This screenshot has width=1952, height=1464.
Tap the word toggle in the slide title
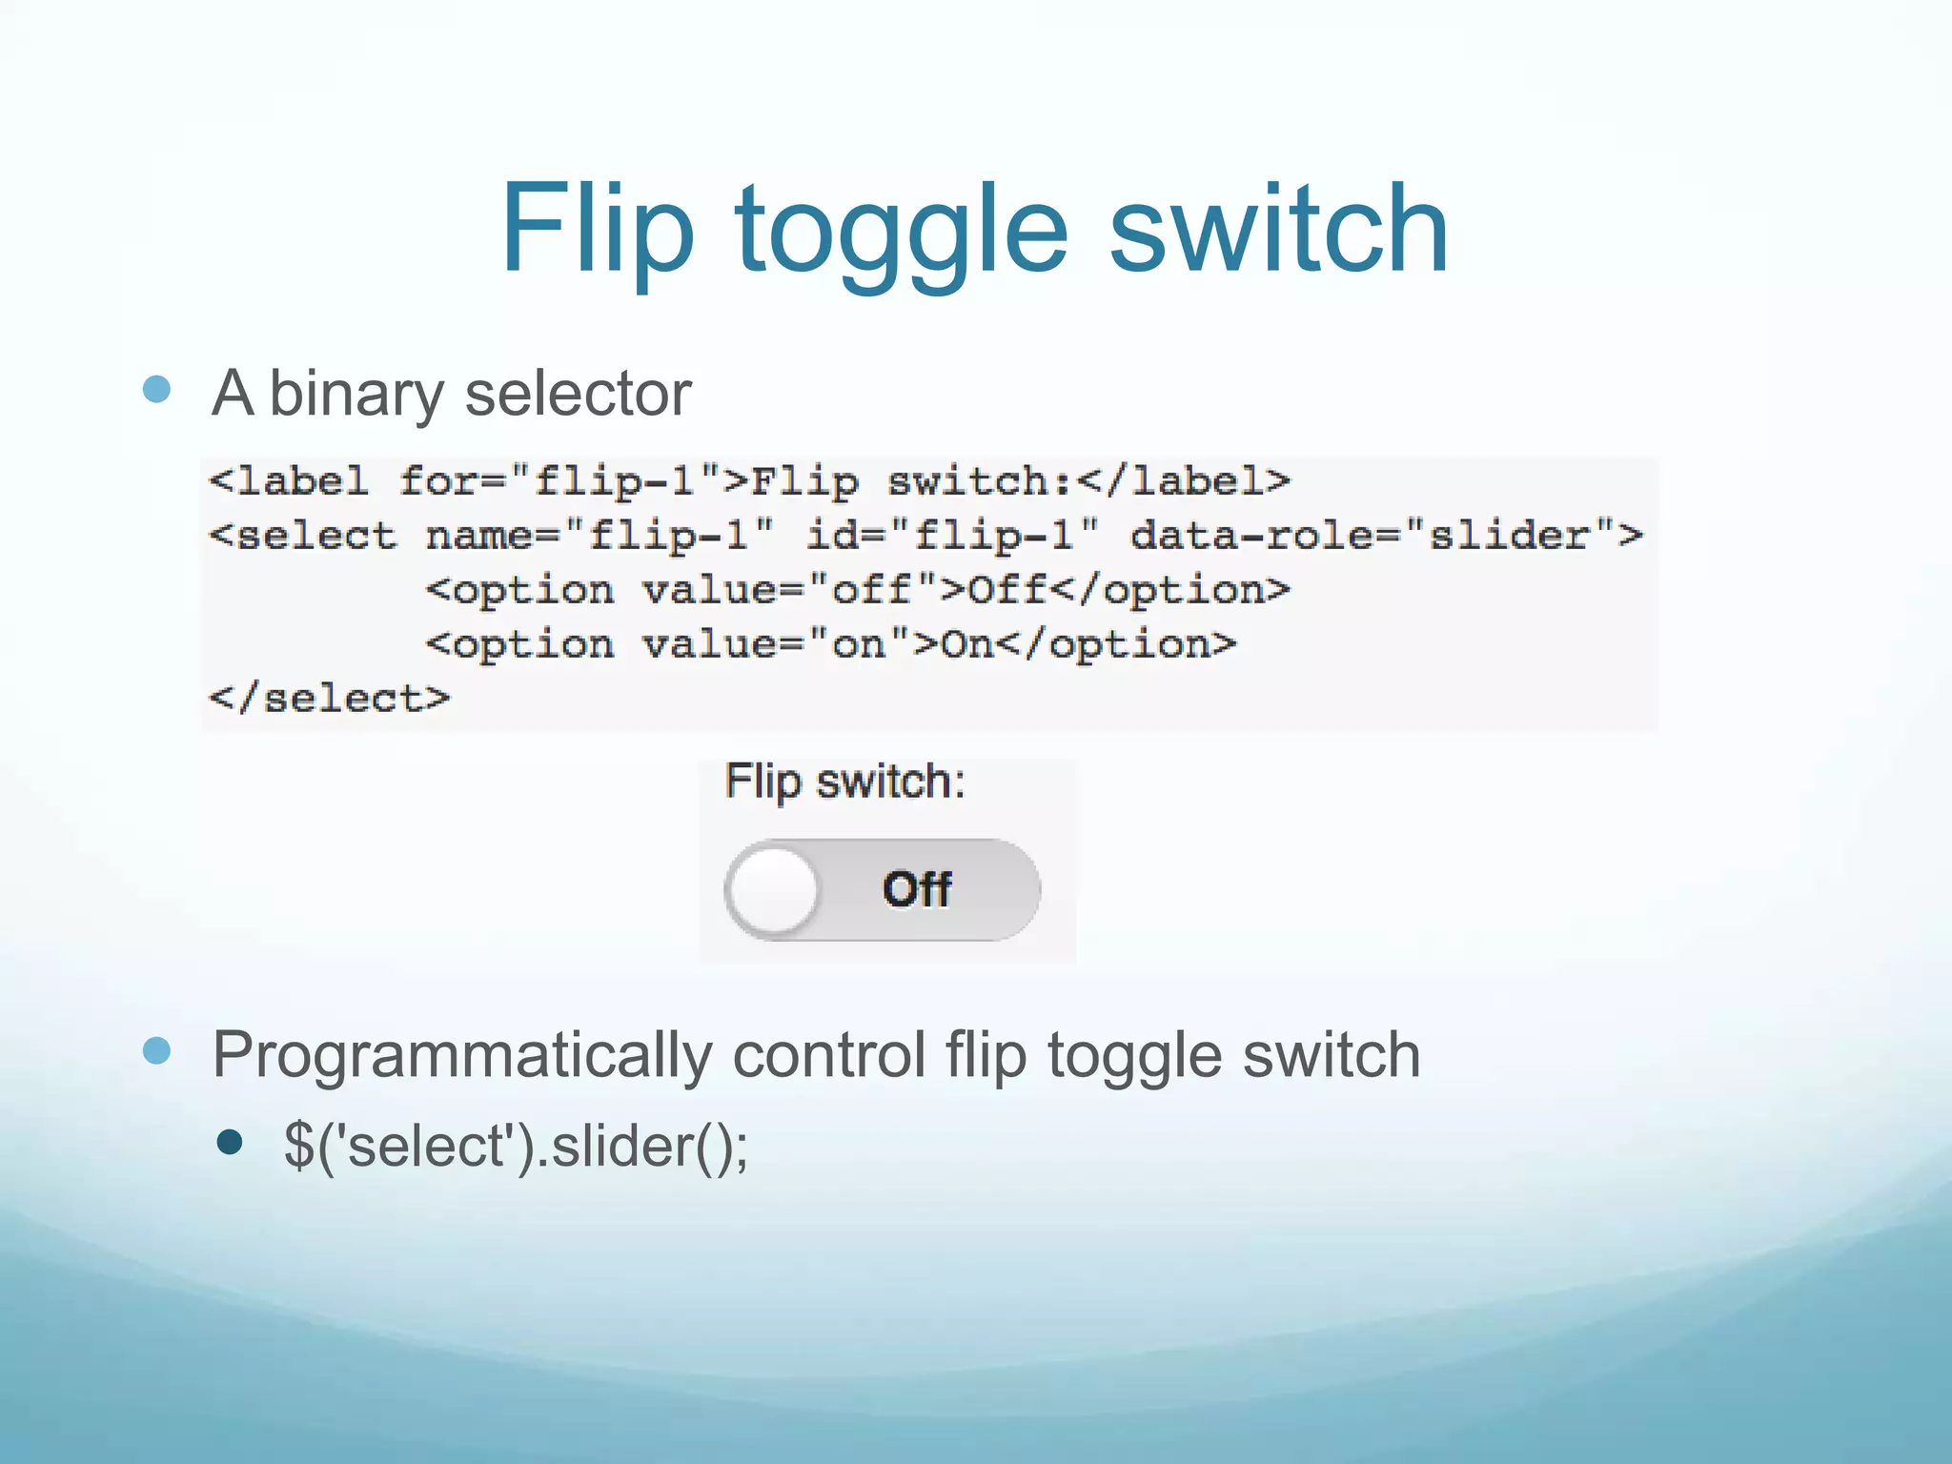tap(901, 234)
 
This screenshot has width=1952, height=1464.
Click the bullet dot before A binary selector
tap(156, 389)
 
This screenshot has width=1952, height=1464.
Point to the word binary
tap(356, 395)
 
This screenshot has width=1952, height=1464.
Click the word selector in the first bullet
tap(578, 393)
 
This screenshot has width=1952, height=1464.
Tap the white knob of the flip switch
tap(773, 890)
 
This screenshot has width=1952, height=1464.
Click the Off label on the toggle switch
tap(916, 889)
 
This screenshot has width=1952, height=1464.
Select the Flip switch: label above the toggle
tap(844, 783)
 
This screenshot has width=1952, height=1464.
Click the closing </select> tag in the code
tap(330, 699)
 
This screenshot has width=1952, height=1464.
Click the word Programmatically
tap(462, 1055)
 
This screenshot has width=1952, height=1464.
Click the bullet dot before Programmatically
tap(156, 1051)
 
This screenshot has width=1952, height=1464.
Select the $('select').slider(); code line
tap(516, 1145)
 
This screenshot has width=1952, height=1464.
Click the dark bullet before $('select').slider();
tap(230, 1142)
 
